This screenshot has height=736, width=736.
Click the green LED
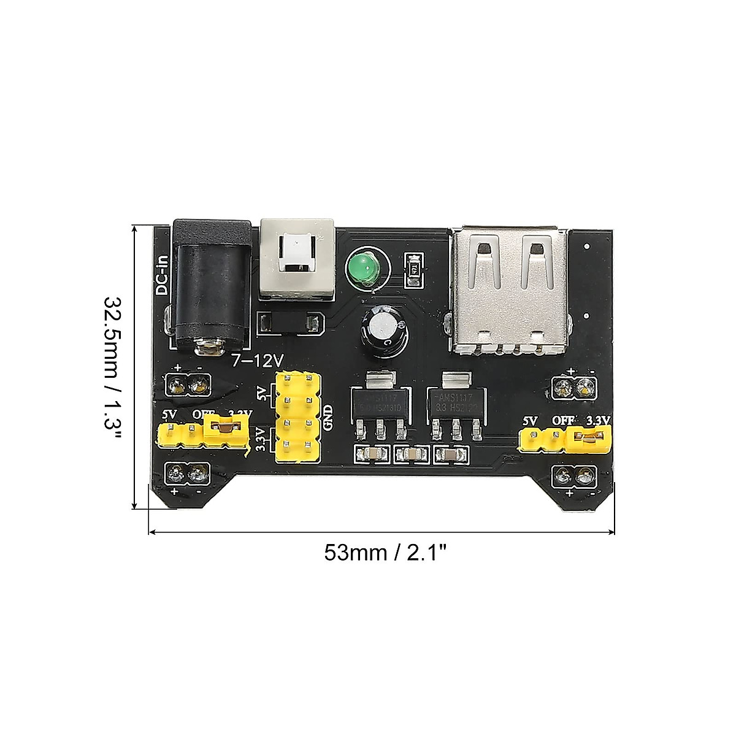[x=365, y=269]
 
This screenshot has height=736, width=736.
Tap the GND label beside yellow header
[x=329, y=419]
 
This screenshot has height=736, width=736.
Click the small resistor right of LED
[x=415, y=270]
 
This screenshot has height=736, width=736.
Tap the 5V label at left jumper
[x=170, y=415]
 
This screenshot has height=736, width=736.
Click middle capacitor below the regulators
[x=412, y=454]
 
